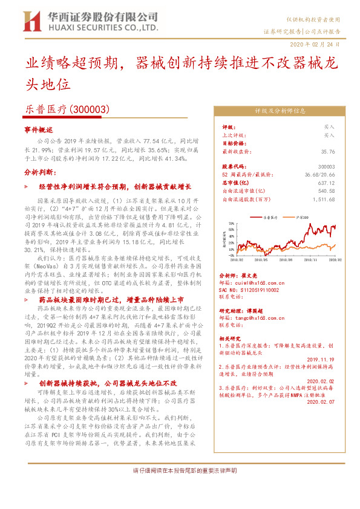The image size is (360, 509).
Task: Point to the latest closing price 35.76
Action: [328, 152]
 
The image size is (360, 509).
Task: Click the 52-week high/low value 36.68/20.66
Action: [321, 173]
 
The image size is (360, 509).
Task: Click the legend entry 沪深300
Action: [303, 216]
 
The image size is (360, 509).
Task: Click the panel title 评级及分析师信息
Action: [279, 111]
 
